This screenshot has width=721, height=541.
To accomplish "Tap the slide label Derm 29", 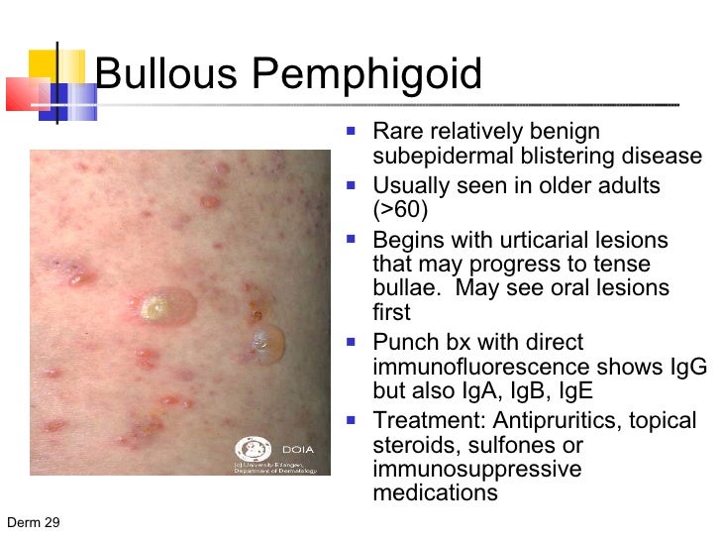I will point(33,523).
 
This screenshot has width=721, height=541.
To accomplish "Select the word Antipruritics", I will point(547,421).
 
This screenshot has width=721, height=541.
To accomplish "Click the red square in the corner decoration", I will point(21,92).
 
